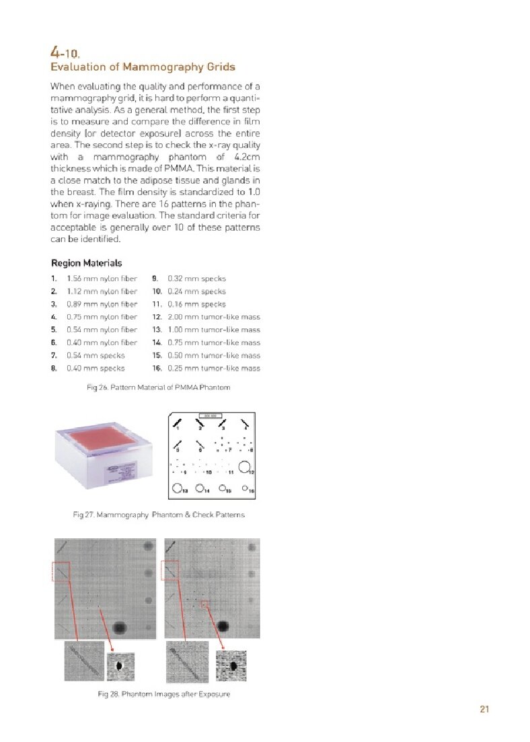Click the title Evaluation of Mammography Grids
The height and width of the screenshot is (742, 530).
tap(143, 67)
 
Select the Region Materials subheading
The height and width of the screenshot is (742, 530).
tap(86, 262)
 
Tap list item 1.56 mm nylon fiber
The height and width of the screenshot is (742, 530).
tap(102, 279)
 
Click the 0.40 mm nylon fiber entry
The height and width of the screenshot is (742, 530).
tap(102, 342)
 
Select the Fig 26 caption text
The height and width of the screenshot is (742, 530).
tap(154, 388)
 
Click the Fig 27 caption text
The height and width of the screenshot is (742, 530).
tap(159, 515)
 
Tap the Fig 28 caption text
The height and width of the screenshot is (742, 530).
tap(163, 694)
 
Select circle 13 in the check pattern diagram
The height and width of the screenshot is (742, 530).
tap(178, 488)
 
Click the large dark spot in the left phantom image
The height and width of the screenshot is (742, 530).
tap(120, 628)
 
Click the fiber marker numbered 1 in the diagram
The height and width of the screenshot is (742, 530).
tap(178, 423)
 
